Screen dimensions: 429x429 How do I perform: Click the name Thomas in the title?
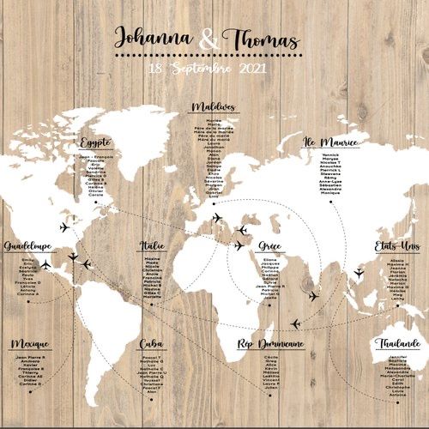[x=261, y=39]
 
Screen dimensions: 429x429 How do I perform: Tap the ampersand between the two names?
[x=208, y=39]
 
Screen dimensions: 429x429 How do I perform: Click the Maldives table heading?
[x=214, y=106]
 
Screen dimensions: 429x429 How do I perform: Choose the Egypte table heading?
[x=95, y=142]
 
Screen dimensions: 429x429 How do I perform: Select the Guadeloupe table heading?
[x=28, y=246]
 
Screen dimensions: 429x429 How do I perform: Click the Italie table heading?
[x=153, y=246]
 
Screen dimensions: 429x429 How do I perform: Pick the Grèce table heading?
[x=269, y=246]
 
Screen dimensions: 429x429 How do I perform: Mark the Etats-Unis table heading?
[x=397, y=246]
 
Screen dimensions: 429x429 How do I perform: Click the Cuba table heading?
[x=152, y=344]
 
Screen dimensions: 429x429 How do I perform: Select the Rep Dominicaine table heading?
[x=270, y=344]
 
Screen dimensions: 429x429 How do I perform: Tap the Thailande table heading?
[x=397, y=344]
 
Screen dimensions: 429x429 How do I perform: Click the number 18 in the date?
[x=154, y=68]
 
